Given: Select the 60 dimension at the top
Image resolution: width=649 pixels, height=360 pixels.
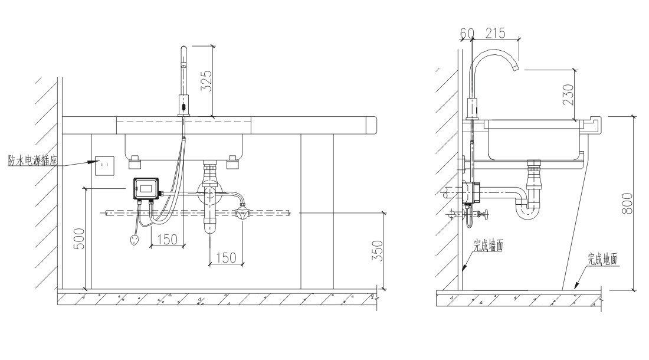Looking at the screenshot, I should click(x=466, y=34).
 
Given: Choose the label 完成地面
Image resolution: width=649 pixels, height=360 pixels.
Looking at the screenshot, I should click(x=603, y=258).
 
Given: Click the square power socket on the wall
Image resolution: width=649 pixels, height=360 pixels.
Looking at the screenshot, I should click(x=104, y=166).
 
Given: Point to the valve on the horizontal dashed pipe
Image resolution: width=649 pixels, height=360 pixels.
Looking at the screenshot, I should click(x=241, y=213).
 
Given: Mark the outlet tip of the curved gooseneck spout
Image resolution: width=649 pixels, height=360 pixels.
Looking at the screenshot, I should click(x=517, y=68).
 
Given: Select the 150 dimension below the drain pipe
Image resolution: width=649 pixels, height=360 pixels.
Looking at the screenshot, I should click(x=227, y=257).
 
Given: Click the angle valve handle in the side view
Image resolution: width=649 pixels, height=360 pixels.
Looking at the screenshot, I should click(x=486, y=215).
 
